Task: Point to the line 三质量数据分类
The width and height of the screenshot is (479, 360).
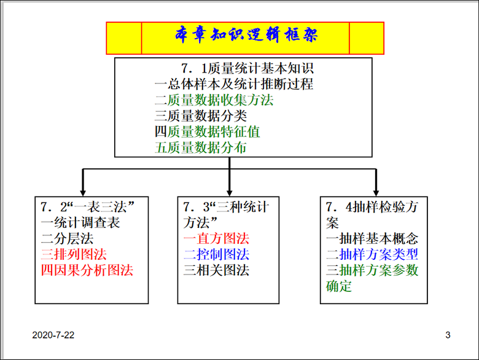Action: coord(201,115)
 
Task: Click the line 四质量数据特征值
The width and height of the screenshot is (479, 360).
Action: coord(207,131)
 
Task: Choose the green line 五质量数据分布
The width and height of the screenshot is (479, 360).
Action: coord(201,147)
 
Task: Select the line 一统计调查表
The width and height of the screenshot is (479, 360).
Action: coord(80,222)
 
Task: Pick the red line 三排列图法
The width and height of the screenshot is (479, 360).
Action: coord(74,254)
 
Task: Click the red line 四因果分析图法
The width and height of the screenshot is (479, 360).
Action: coord(87,270)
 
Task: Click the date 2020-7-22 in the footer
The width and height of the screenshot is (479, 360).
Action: coord(54,335)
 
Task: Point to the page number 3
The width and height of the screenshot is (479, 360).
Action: coord(448,335)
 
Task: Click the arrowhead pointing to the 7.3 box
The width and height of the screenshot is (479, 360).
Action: coord(229,192)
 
